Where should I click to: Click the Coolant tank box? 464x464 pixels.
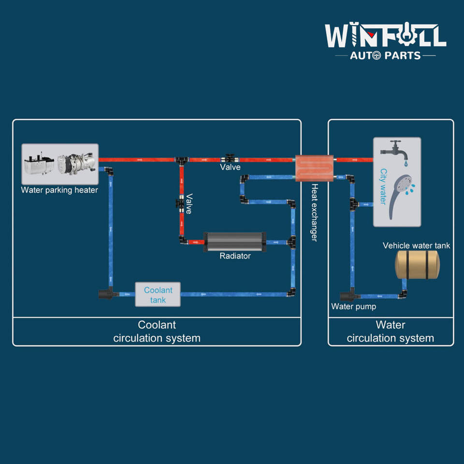click(158, 294)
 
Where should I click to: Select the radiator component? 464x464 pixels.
click(235, 241)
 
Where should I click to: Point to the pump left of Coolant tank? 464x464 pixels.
click(107, 292)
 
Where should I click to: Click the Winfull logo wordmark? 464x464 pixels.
click(385, 36)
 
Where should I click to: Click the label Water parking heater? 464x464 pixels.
click(59, 190)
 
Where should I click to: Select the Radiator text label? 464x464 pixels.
click(235, 256)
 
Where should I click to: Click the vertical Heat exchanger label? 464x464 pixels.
click(314, 212)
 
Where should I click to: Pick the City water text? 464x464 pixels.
click(384, 187)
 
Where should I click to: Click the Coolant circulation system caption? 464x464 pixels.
click(157, 332)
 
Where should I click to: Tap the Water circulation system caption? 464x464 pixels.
click(391, 332)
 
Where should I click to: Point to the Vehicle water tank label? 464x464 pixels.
click(416, 246)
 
